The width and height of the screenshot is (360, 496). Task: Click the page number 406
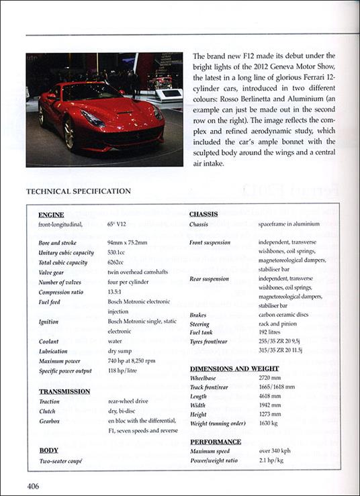click(36, 485)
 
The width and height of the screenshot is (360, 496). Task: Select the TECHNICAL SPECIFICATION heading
click(78, 191)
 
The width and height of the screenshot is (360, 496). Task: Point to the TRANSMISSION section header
click(64, 391)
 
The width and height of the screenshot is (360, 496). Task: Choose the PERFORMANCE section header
click(215, 442)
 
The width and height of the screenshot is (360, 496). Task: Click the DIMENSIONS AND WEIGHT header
click(234, 368)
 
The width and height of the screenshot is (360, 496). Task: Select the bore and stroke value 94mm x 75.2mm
click(132, 243)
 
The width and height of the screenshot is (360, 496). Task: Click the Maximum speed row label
click(211, 452)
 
